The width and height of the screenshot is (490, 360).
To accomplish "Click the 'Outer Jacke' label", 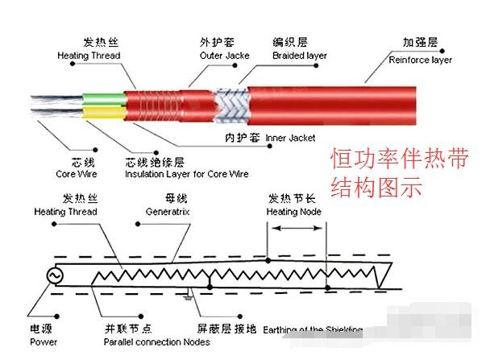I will click(x=225, y=56).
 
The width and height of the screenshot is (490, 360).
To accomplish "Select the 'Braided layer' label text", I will click(x=301, y=56).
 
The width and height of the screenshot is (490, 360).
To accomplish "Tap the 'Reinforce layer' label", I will click(x=420, y=60).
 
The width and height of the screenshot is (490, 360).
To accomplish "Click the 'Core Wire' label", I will click(x=76, y=173).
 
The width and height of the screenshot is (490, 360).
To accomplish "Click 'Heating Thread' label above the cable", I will click(x=89, y=56).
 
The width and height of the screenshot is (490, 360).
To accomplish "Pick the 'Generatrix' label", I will click(x=168, y=212).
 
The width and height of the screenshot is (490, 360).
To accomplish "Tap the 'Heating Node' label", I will click(x=293, y=212).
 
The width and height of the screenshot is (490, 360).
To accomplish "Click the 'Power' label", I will click(x=44, y=341).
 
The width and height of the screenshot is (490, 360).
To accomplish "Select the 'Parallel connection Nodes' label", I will click(x=156, y=341).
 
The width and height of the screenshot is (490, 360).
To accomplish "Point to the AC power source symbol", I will click(x=57, y=275).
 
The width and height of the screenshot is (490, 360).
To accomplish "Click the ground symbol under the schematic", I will click(x=189, y=296).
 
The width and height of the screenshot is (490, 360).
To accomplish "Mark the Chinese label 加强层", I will click(x=420, y=43).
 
